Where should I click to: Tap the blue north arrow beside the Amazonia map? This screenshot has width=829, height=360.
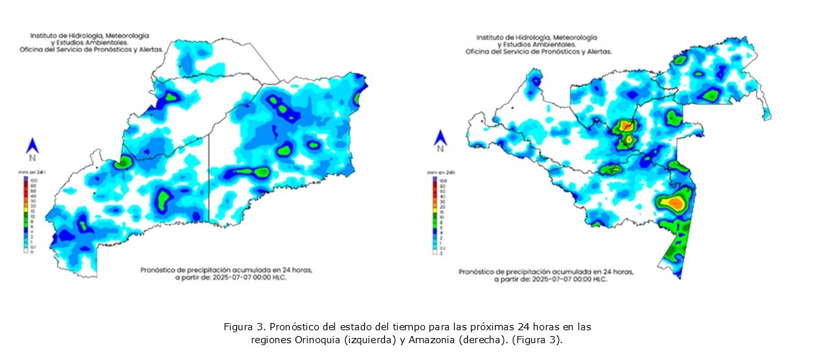440,137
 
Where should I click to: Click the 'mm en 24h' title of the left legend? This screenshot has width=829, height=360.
29,173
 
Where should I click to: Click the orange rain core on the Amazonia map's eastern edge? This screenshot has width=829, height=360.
676,203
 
